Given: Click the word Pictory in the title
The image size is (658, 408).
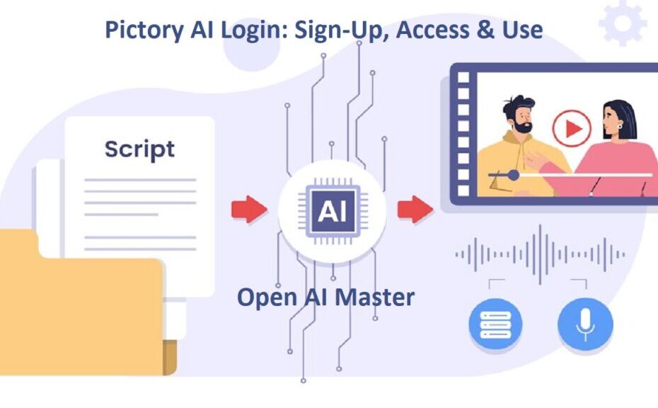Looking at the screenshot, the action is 144,30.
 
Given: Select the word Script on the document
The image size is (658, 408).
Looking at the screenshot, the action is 140,150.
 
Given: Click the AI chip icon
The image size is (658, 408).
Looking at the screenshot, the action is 333,211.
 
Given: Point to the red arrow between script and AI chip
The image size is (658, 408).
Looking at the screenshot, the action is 249,209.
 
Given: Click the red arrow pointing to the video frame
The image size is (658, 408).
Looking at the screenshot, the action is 415,209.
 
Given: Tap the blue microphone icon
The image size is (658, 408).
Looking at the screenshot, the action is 585,324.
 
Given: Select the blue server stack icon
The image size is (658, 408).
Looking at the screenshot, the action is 495,324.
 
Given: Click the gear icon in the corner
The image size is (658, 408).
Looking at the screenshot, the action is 623,23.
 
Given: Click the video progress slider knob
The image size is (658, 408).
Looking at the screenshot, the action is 513,175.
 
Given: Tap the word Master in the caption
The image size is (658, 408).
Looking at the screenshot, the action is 375,297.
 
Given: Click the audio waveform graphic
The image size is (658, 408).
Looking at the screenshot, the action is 540,254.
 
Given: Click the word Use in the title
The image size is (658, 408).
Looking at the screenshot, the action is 522,30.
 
